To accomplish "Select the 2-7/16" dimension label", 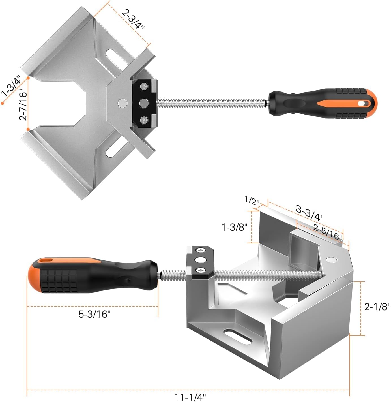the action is click(23, 104).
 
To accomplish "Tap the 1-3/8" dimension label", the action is click(234, 227).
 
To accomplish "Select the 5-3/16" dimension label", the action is click(95, 314).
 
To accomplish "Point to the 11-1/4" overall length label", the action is click(190, 397).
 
